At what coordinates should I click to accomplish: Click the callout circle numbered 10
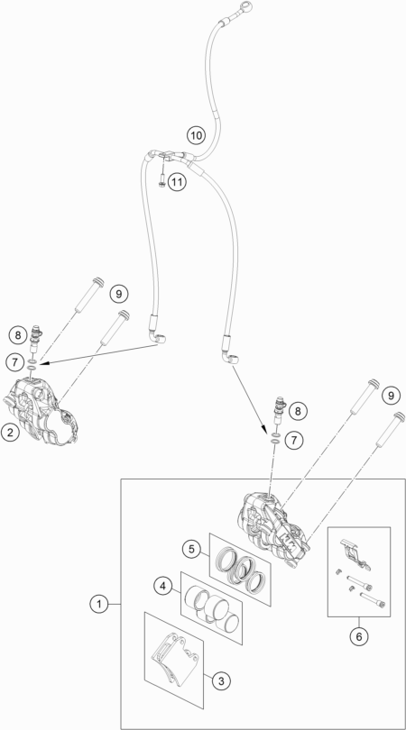196,135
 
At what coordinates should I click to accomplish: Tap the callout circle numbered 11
177,181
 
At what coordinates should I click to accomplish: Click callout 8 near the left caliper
18,334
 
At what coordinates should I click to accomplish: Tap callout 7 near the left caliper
15,360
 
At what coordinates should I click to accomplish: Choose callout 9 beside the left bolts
119,294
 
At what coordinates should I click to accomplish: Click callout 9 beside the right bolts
391,396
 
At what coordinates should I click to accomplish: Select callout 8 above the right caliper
298,411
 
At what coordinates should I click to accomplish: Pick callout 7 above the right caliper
294,440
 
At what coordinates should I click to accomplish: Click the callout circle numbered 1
98,605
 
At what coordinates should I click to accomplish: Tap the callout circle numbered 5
191,549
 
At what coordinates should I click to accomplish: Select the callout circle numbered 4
162,586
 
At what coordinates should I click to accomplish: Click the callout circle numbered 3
221,681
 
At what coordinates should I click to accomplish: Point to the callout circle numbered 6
359,636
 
